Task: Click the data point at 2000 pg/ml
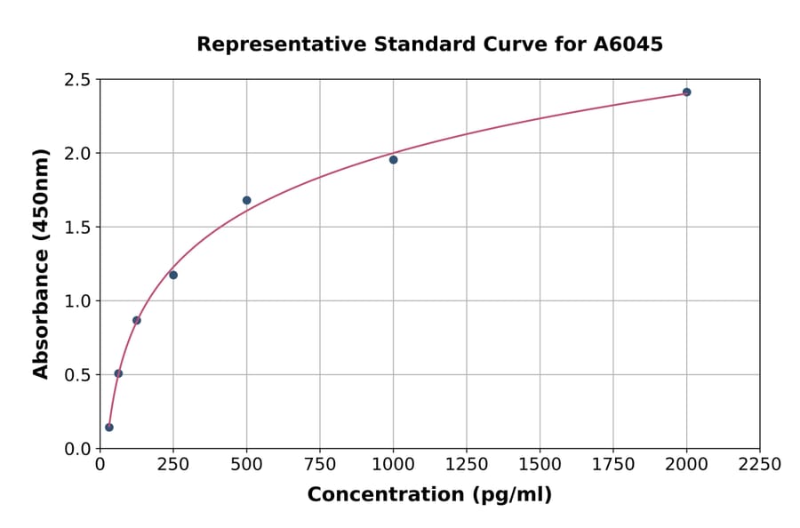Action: point(686,92)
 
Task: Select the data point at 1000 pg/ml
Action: point(393,160)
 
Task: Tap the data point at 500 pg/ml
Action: point(246,200)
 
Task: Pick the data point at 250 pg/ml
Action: point(173,275)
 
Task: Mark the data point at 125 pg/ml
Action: point(137,320)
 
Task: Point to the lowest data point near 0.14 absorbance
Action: point(109,428)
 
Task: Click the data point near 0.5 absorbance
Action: point(118,373)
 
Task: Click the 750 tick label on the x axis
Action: point(320,464)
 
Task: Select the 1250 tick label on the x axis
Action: point(467,464)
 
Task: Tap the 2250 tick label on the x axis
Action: point(759,464)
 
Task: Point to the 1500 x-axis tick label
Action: point(540,464)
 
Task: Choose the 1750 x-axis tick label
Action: point(612,464)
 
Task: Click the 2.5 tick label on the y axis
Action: point(77,80)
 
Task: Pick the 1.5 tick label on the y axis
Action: point(77,228)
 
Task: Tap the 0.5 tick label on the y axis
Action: point(77,375)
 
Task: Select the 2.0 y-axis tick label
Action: point(77,154)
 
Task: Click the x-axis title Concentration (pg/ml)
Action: point(429,495)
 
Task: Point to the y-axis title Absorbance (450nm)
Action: point(41,263)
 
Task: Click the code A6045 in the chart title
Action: point(628,44)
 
